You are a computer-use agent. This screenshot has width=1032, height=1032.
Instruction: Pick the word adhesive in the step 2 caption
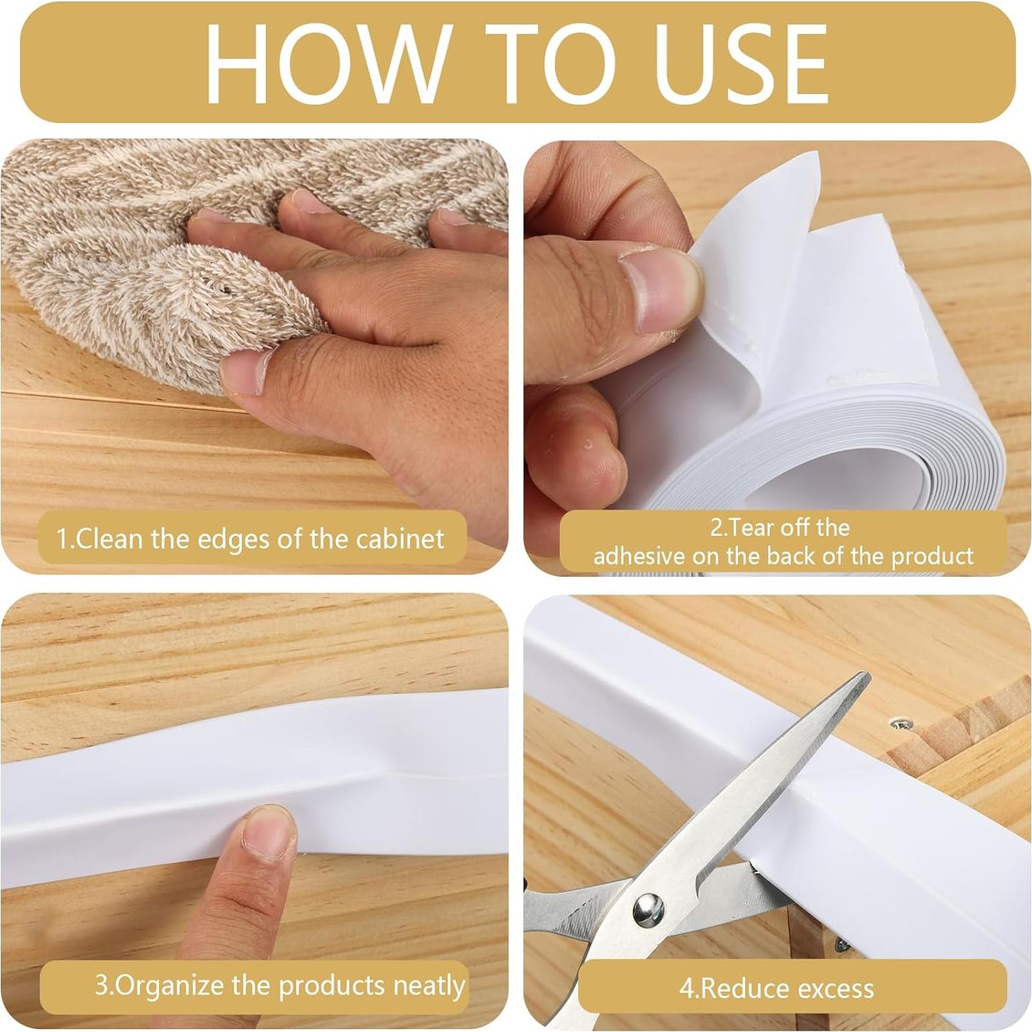tap(639, 556)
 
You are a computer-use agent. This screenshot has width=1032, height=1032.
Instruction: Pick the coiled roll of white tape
tap(813, 452)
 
